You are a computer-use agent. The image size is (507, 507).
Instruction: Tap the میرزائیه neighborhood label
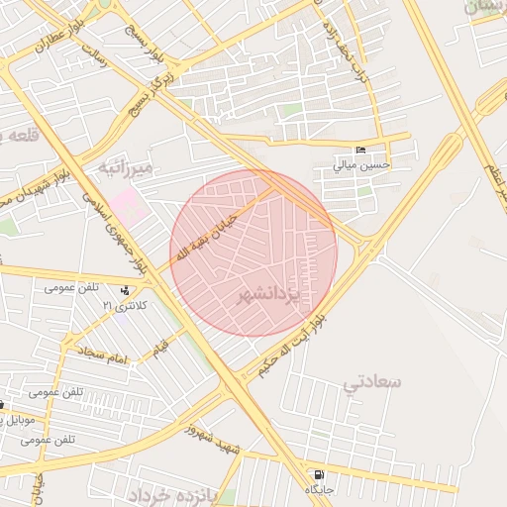125,169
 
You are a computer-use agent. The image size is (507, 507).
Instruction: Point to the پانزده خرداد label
169,493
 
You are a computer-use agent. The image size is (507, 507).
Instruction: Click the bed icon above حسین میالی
361,151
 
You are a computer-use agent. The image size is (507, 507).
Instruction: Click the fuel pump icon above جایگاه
317,475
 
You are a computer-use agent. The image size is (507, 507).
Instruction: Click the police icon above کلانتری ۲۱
125,291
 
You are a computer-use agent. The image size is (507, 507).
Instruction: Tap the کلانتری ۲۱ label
124,306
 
